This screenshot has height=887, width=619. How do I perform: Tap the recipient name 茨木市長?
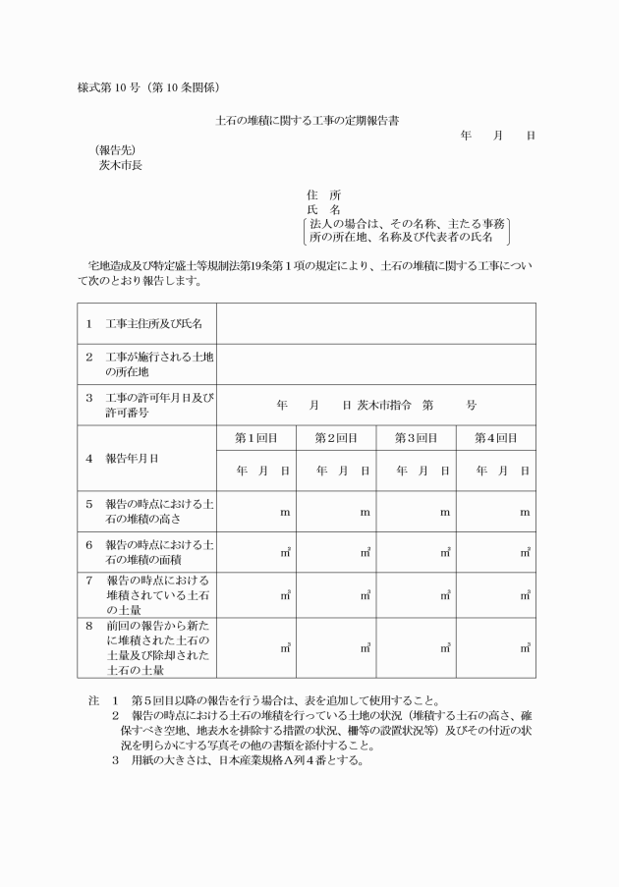120,165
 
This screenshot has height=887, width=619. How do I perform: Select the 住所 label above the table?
323,195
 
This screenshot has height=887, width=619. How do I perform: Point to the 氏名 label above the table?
323,210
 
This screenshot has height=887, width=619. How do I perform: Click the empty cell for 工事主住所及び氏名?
375,323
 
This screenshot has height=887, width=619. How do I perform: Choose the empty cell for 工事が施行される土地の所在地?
375,364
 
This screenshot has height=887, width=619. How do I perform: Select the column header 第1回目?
255,437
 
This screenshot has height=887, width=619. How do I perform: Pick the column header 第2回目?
336,437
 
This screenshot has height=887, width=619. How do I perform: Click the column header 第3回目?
416,437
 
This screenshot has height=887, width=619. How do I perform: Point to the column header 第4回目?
496,437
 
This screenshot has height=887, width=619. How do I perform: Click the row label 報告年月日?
133,458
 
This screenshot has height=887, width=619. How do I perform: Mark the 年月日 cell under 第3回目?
416,471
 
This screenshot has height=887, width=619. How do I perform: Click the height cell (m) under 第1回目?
255,512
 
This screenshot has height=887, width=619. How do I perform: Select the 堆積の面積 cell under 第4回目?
496,553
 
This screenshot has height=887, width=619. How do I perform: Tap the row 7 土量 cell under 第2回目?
336,594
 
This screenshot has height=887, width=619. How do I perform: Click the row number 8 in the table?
88,625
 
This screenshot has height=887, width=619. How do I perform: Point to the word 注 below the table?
94,700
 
